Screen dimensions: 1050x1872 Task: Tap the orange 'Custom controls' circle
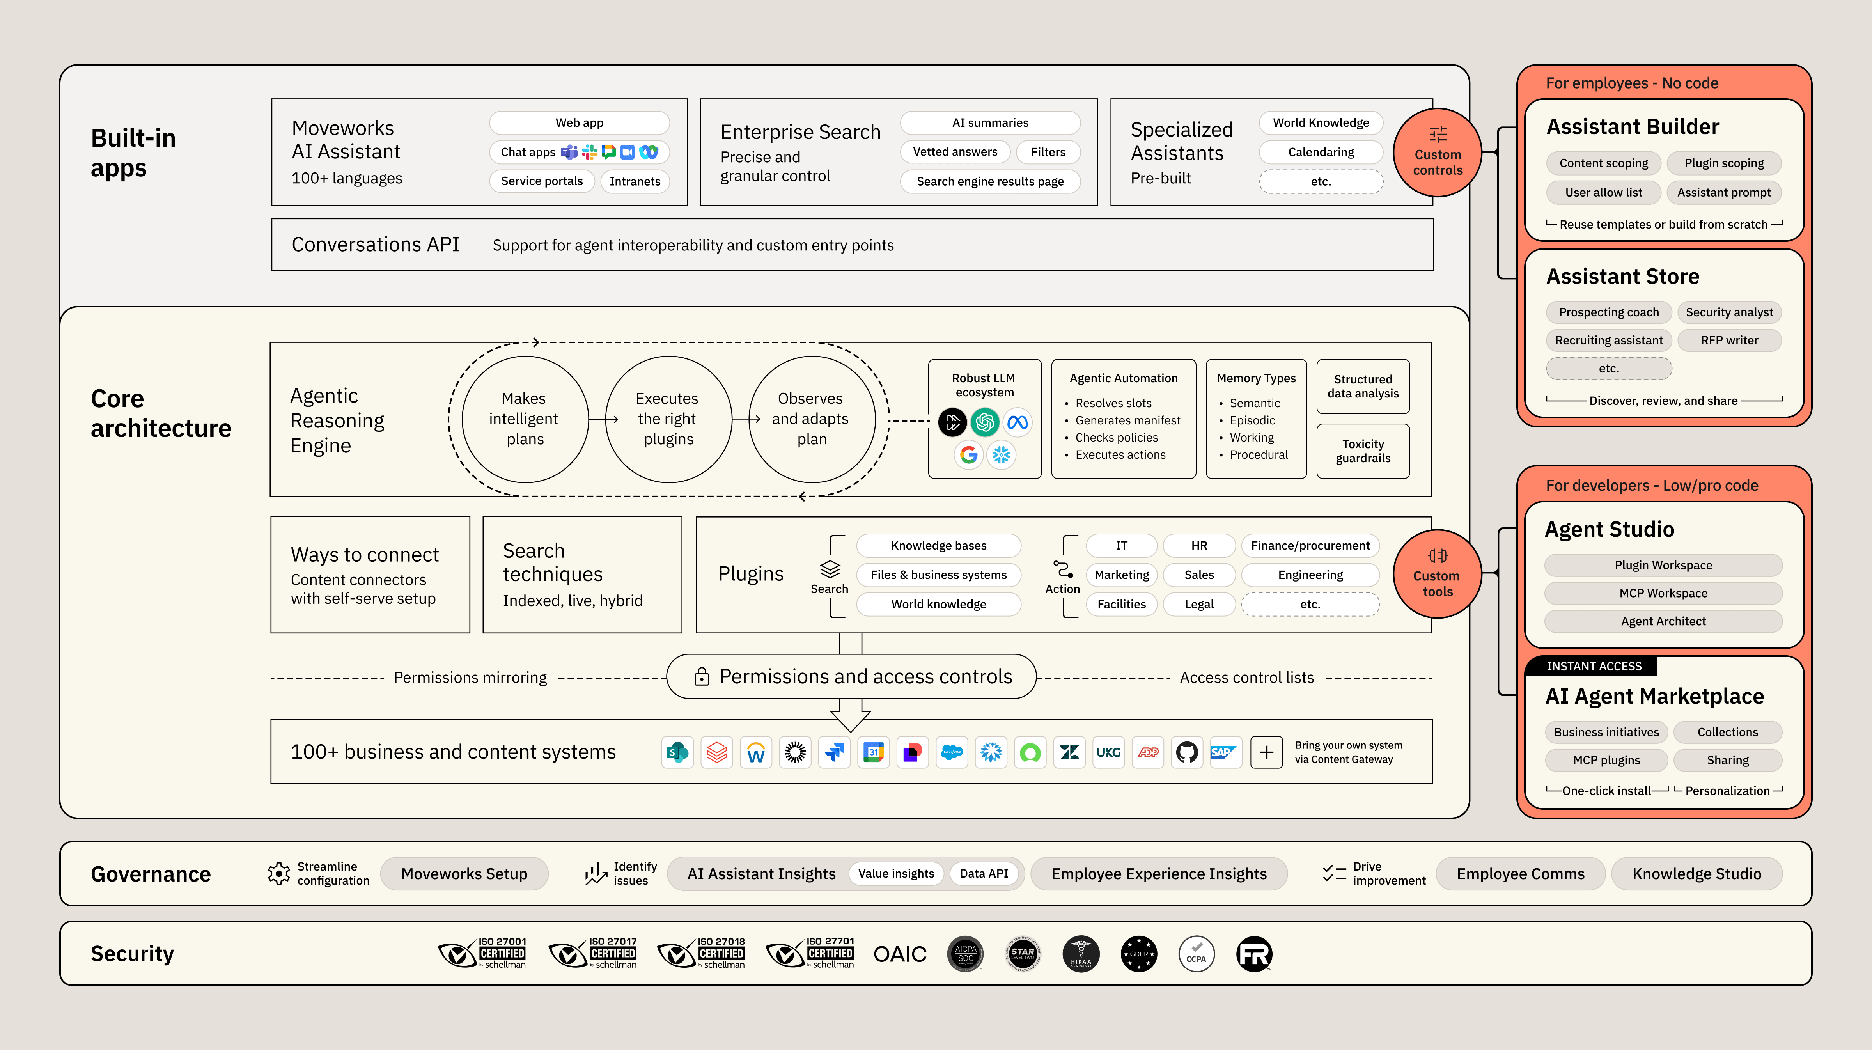tap(1437, 153)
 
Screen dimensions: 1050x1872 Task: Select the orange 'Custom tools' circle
tap(1437, 574)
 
